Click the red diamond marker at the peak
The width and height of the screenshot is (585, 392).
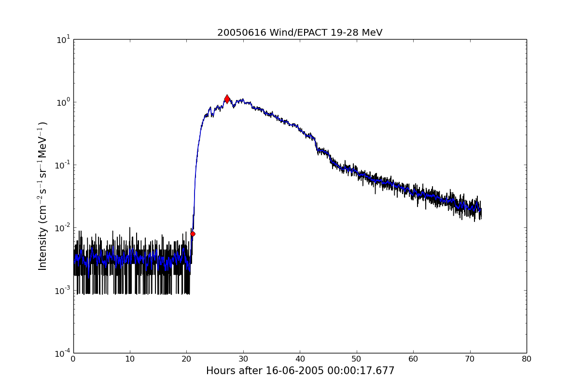tap(227, 99)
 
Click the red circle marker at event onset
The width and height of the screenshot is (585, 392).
tap(193, 234)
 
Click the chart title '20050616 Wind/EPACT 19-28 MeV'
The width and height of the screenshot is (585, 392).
tap(300, 33)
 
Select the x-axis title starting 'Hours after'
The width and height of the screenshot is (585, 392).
tap(300, 371)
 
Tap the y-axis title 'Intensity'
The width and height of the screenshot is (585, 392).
tap(43, 196)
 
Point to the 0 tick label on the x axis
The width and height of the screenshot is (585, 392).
tap(73, 359)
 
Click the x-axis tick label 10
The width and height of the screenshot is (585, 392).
tap(130, 359)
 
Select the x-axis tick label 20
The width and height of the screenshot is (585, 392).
tap(187, 359)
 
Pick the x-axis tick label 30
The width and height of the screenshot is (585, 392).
tap(243, 359)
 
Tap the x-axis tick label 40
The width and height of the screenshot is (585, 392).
tap(300, 359)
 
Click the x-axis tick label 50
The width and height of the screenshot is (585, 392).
tap(357, 359)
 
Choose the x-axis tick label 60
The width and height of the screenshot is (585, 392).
tap(413, 359)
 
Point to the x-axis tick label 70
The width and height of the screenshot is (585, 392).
tap(470, 359)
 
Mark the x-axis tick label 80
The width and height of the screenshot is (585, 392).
tap(527, 359)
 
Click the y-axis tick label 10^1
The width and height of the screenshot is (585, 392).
tap(63, 40)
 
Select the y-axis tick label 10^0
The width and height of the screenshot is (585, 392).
tap(63, 102)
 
